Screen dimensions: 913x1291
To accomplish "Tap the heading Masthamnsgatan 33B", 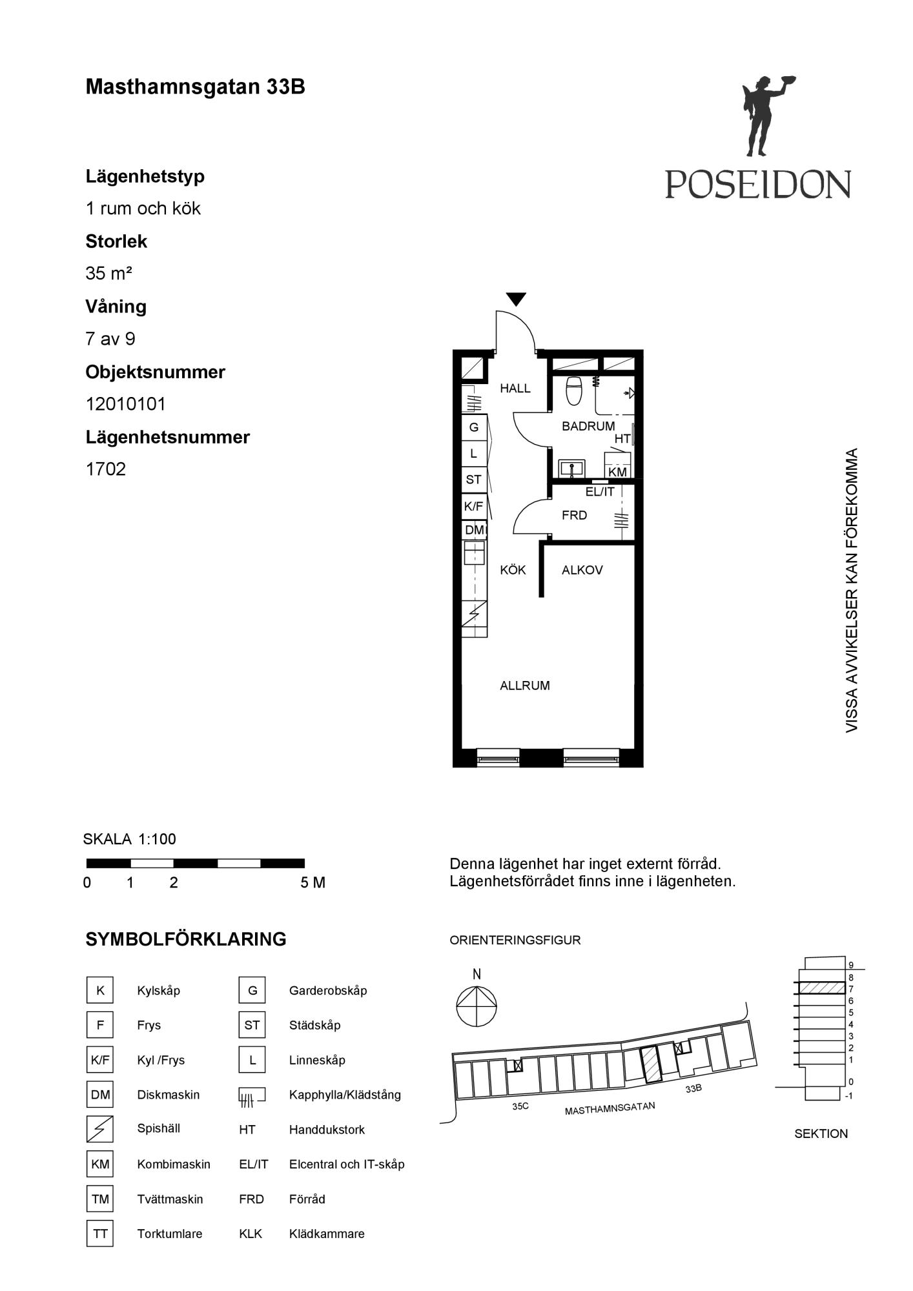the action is click(195, 87).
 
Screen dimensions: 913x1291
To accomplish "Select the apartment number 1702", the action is click(105, 469).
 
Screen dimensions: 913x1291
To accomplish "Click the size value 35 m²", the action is click(108, 274).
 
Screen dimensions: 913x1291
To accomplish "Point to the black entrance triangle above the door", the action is click(516, 300).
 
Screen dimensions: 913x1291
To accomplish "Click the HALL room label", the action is click(515, 389).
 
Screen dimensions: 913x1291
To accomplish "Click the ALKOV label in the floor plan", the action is click(582, 570).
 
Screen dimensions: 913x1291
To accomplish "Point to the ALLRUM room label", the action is click(525, 686).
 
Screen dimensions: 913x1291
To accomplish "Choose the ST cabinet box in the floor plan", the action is click(474, 480).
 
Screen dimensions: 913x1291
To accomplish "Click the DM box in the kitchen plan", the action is click(474, 530).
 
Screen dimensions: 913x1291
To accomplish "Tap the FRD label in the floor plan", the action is click(574, 515).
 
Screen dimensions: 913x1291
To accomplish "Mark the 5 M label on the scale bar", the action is click(313, 882).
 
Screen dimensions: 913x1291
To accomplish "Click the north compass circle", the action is click(477, 1006).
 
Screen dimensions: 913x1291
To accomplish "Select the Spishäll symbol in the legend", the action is click(100, 1129).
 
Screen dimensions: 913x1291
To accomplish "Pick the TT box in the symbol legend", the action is click(100, 1234).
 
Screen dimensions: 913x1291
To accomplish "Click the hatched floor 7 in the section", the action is click(822, 988).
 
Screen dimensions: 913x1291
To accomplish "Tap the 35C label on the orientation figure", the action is click(520, 1106).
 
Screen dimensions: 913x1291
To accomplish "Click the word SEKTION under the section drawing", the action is click(821, 1133).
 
